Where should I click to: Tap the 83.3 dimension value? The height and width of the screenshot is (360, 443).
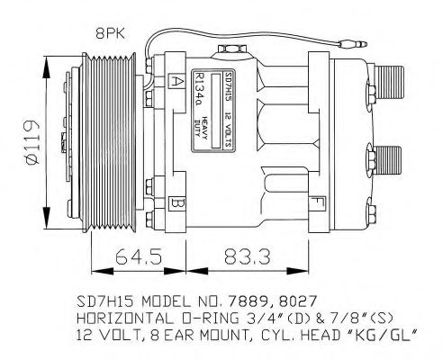point(236,257)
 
